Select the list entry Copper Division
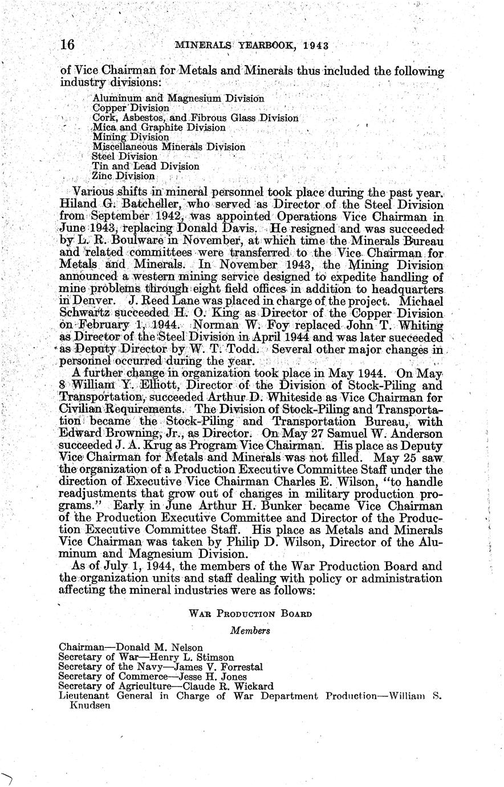pos(131,108)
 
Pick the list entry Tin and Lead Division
pos(145,167)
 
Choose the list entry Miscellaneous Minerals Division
pos(169,147)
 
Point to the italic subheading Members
pos(250,631)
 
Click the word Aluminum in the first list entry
pos(114,98)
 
